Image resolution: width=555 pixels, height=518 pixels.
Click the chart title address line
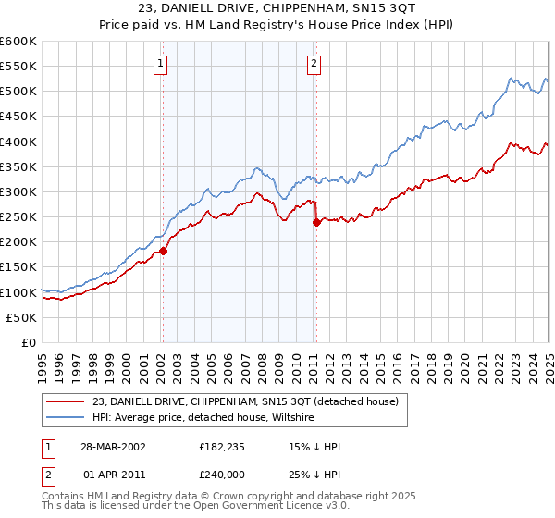point(277,8)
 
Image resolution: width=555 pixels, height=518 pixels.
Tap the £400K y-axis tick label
point(18,142)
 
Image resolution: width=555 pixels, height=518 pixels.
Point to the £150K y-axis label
point(18,266)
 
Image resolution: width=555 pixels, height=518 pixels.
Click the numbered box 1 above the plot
point(161,64)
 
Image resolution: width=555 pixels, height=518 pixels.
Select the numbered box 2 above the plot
point(314,64)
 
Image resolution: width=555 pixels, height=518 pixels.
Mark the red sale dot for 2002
point(163,251)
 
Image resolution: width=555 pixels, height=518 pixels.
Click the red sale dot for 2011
point(316,222)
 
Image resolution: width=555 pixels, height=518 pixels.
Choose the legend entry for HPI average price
point(203,418)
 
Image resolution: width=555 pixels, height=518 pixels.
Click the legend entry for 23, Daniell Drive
point(245,401)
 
